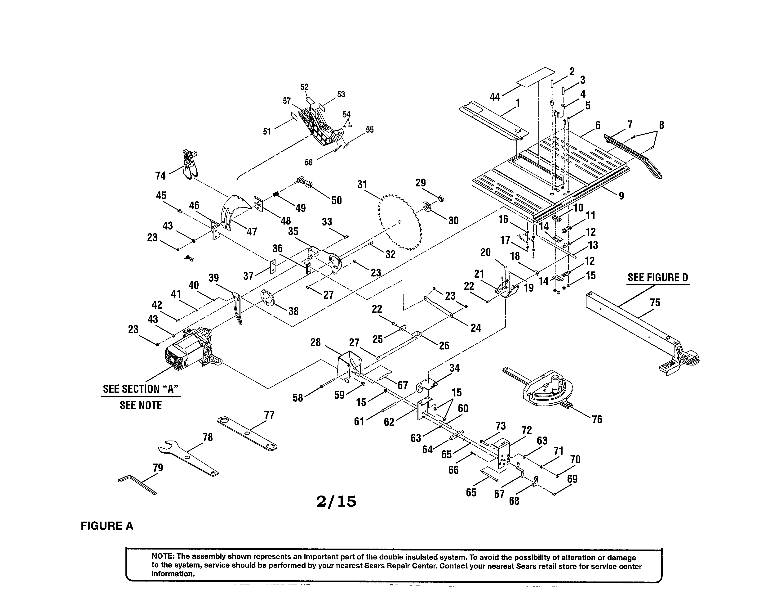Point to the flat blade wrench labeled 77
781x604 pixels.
pyautogui.click(x=247, y=433)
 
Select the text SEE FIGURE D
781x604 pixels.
pyautogui.click(x=658, y=277)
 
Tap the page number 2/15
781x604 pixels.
pyautogui.click(x=336, y=501)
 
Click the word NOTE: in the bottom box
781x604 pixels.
pyautogui.click(x=163, y=557)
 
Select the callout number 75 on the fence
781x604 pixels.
pyautogui.click(x=655, y=303)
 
